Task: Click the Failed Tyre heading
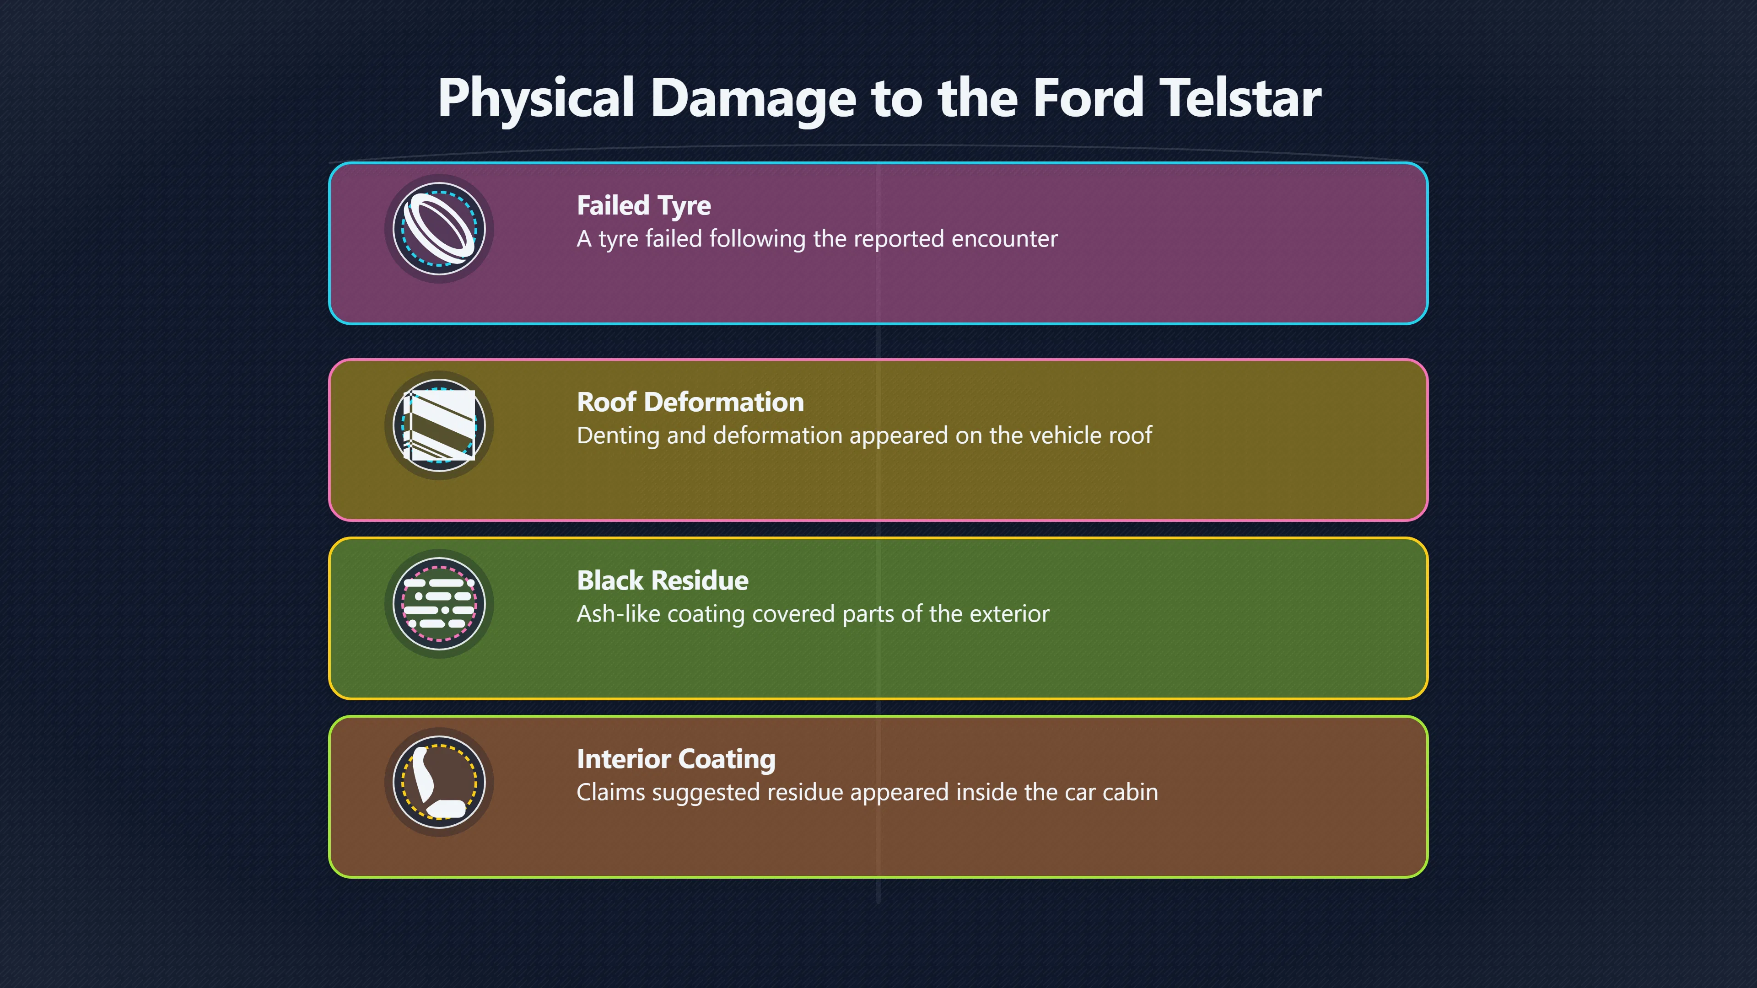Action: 644,206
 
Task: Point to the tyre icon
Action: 439,228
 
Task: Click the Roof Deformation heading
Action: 690,402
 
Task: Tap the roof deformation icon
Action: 439,425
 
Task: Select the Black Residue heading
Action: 662,580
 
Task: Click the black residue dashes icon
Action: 439,603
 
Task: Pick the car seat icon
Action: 439,782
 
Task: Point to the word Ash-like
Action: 619,614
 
